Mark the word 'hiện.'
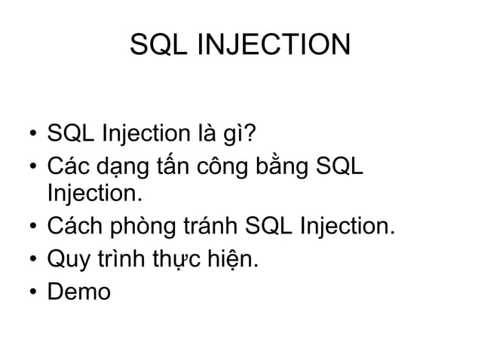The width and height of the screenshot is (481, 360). coord(234,259)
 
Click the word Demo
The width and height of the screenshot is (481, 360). coord(78,290)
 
